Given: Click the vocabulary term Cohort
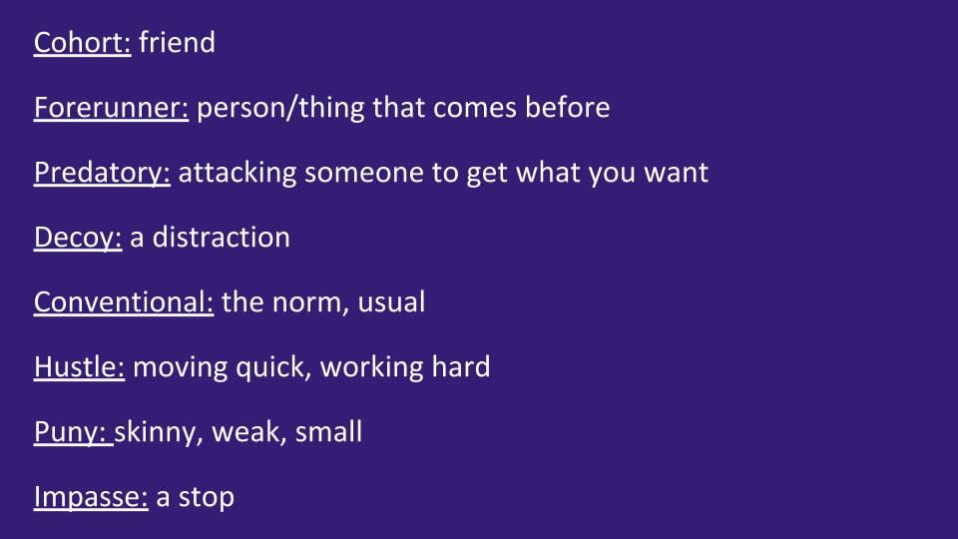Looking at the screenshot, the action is point(82,43).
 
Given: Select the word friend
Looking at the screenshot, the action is point(178,43).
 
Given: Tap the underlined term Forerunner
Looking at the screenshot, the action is point(111,108).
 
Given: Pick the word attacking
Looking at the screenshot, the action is point(238,174).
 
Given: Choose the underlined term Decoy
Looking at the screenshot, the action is point(78,239).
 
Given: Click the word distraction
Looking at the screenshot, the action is point(222,238).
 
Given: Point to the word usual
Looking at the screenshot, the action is point(391,301).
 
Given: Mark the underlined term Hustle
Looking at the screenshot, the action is point(80,366).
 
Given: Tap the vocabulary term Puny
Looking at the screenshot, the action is point(73,432).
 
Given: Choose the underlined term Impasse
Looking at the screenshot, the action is point(91,497).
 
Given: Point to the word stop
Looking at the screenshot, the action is point(206,497).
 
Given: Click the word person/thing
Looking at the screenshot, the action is point(280,109).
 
